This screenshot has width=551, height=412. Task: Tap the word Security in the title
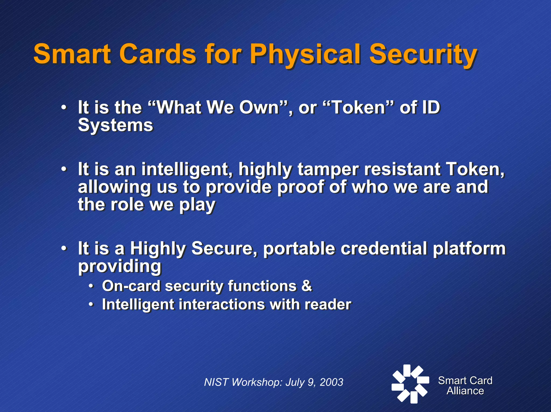click(423, 55)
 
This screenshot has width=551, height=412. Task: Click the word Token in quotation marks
click(358, 107)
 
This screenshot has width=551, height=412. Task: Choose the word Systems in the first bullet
click(115, 125)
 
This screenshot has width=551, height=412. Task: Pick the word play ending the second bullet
click(197, 205)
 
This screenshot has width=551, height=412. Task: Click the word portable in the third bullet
click(299, 248)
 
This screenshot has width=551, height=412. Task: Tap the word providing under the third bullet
click(120, 266)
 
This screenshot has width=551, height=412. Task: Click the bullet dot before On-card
click(91, 286)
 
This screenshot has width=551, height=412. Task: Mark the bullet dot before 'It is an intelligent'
click(63, 170)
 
